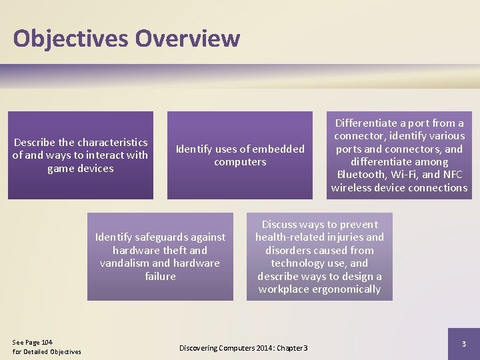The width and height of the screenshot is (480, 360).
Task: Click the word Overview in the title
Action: pos(187,38)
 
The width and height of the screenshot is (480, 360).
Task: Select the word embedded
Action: pos(275,149)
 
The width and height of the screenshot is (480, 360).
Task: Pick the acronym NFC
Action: pos(454,175)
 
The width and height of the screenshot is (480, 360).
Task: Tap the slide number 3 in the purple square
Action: pos(464,343)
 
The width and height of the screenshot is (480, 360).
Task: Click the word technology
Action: pos(300,263)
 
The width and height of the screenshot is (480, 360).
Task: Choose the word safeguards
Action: pos(160,237)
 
